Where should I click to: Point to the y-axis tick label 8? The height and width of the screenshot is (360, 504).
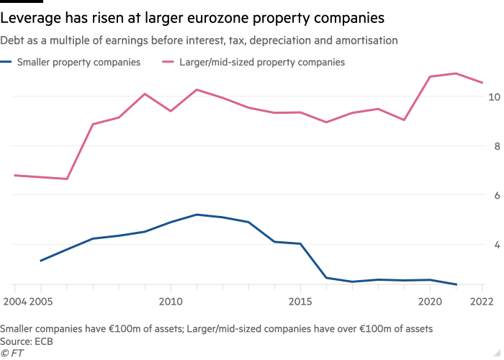point(494,146)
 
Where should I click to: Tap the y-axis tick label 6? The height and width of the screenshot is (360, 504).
point(494,195)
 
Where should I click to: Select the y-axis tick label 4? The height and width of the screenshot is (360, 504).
point(494,245)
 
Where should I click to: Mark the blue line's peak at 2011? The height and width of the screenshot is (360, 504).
point(197,214)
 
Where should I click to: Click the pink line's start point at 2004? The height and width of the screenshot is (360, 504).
point(14,175)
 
